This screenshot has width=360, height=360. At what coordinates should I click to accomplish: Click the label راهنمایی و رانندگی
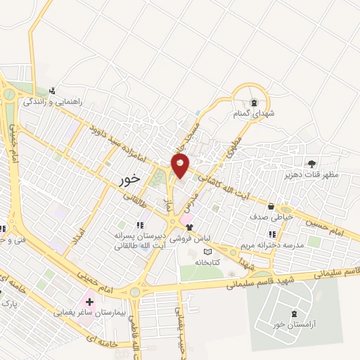tap(53, 101)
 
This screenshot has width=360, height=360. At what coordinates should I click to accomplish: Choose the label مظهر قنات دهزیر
tap(311, 174)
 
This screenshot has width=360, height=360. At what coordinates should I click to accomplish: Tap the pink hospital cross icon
tap(89, 302)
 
